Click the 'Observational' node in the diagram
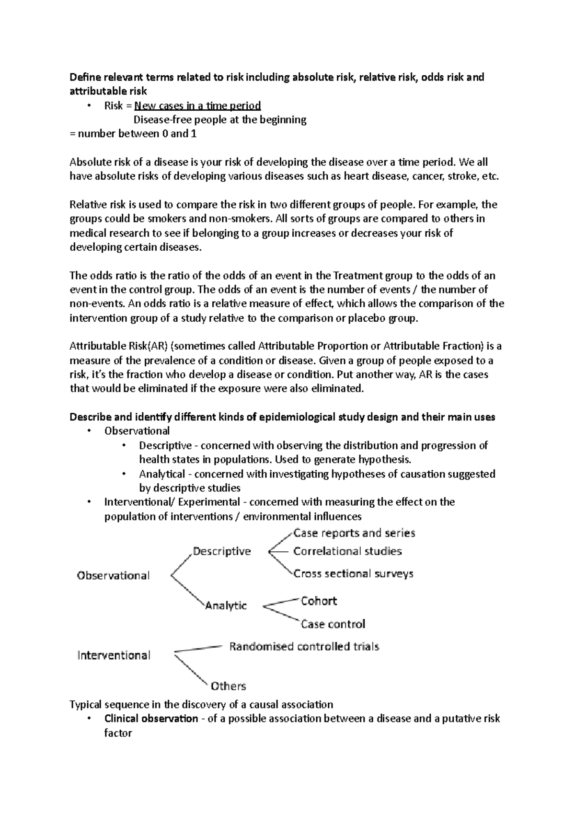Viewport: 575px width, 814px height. (113, 576)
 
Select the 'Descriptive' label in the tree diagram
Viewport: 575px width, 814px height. (221, 551)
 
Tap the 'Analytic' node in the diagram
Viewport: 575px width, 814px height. (226, 605)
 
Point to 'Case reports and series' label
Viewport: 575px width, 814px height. (354, 533)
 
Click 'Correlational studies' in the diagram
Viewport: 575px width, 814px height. (347, 551)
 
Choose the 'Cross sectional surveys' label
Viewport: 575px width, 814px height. (353, 574)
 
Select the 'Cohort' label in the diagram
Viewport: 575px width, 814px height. (319, 601)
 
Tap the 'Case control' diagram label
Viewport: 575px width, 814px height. (333, 624)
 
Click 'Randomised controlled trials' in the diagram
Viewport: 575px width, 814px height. (304, 647)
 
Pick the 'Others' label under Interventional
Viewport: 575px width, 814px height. (228, 686)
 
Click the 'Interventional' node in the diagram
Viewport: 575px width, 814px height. (114, 655)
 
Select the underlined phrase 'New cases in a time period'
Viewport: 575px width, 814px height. (197, 105)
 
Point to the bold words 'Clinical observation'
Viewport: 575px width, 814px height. (151, 719)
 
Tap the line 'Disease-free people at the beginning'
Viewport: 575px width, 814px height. (219, 120)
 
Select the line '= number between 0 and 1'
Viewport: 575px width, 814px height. (133, 134)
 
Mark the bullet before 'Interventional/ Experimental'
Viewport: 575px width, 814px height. (89, 502)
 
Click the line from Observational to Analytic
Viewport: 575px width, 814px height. (187, 592)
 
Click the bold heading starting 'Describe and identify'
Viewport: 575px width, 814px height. (282, 417)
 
